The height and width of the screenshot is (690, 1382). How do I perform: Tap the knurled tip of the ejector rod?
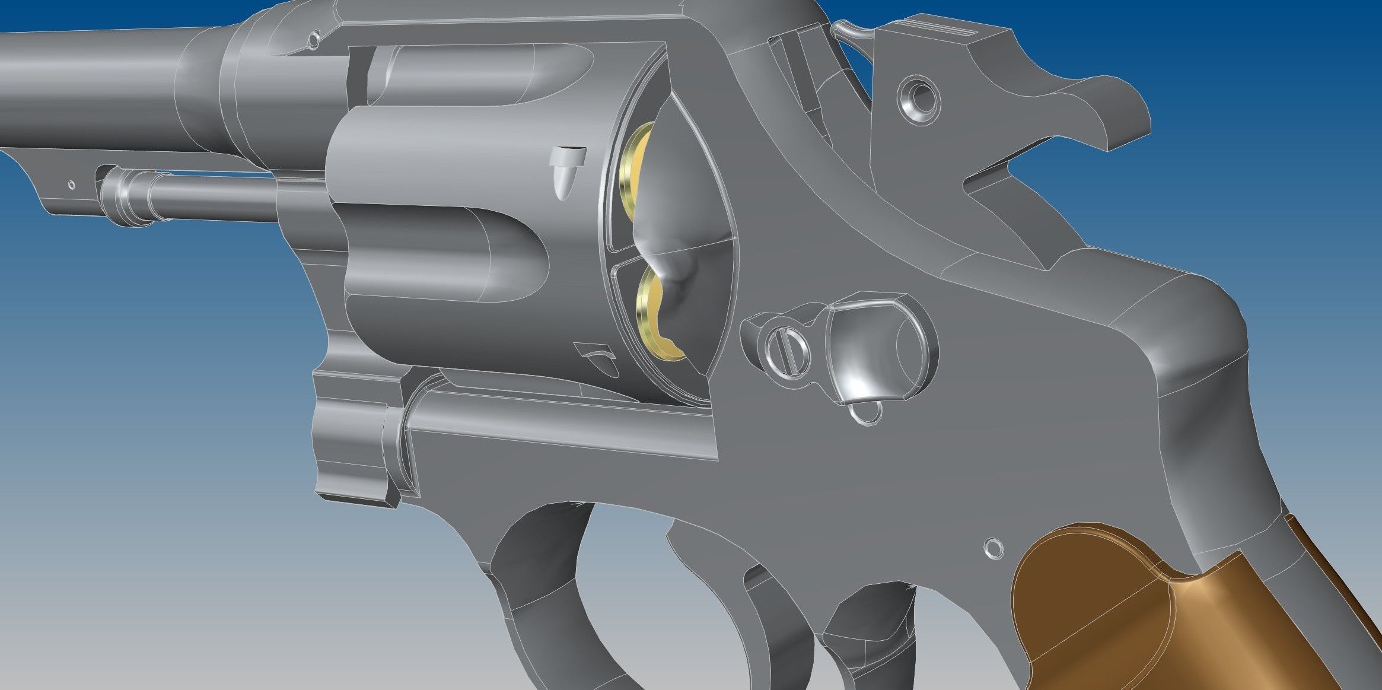(x=128, y=196)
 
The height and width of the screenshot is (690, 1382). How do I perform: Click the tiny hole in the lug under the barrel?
(x=72, y=185)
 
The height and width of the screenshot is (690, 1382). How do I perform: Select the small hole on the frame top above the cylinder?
(x=313, y=40)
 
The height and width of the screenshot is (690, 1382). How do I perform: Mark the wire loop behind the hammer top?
(x=854, y=30)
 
